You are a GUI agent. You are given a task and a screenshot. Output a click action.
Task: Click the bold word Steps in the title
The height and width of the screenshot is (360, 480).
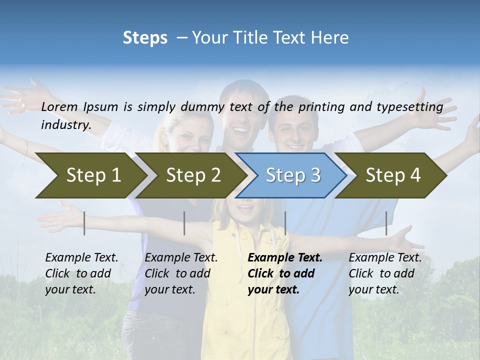(145, 38)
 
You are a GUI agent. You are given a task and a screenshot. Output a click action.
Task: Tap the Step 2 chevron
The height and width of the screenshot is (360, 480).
(193, 175)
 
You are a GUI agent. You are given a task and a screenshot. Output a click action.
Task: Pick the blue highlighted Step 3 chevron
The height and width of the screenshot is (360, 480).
(293, 175)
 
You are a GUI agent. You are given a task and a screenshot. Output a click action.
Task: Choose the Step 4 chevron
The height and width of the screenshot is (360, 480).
(393, 175)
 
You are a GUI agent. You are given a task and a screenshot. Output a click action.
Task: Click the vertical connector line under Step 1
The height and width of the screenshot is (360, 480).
(84, 223)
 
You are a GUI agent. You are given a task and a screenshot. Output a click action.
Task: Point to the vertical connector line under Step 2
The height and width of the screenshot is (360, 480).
(184, 223)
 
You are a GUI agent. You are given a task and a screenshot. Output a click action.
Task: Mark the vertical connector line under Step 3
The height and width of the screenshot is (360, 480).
(285, 223)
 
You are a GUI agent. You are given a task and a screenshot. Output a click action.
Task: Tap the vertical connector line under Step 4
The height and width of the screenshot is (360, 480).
(386, 223)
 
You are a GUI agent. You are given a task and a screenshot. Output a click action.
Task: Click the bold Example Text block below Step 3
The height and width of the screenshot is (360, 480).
(285, 273)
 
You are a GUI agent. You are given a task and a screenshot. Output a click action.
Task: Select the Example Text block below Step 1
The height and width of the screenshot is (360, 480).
(81, 273)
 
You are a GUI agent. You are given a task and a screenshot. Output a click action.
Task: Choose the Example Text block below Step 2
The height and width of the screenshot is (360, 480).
(181, 273)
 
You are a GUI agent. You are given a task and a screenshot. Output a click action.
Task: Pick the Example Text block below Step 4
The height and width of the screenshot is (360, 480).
(385, 273)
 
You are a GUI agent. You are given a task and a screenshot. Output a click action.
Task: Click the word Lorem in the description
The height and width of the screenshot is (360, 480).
(59, 106)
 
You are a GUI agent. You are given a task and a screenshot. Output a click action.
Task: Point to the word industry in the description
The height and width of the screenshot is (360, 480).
(65, 124)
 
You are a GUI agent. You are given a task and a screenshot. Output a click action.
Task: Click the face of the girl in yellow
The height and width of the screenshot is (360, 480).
(245, 210)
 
